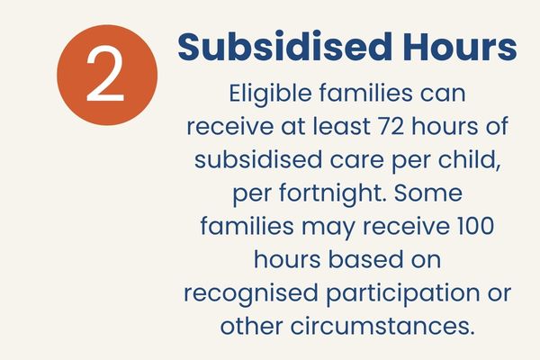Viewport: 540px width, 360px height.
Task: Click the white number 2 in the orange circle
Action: (105, 75)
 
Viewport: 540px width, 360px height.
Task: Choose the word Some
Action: (428, 193)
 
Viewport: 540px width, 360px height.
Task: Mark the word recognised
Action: (251, 293)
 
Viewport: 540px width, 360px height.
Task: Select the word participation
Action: (402, 293)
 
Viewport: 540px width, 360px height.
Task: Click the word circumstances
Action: (382, 326)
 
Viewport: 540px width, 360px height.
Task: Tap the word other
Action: (251, 326)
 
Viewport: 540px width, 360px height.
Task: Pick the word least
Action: (341, 126)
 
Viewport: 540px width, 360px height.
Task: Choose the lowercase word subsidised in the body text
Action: (258, 160)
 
